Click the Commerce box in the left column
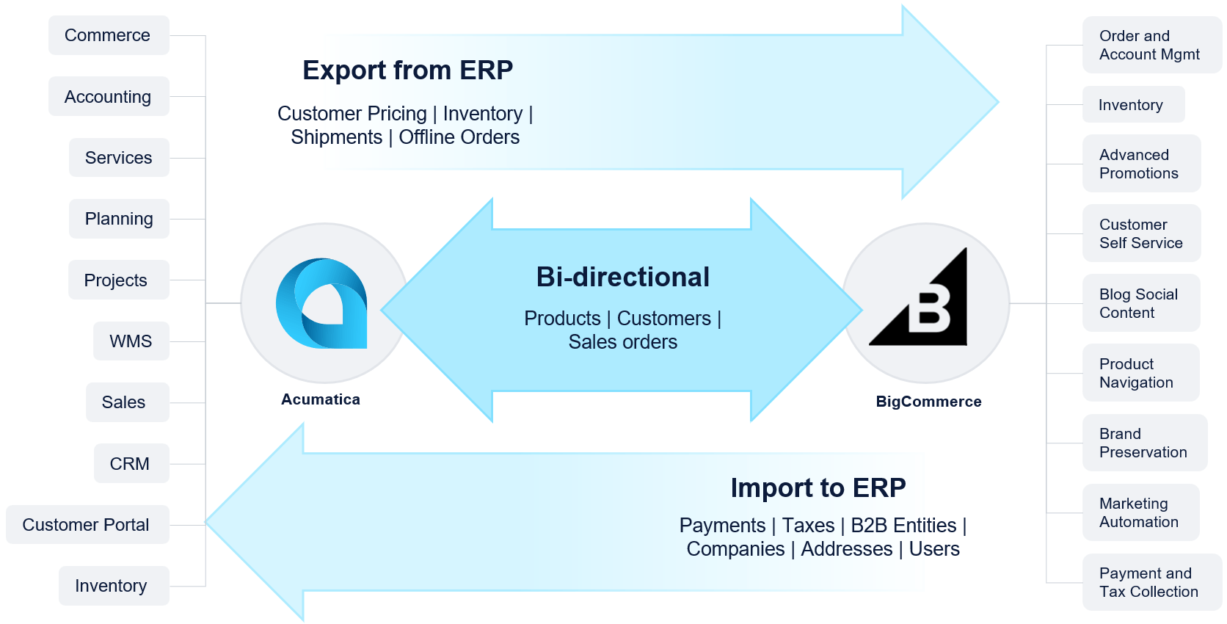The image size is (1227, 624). coord(109,35)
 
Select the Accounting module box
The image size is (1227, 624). coord(109,96)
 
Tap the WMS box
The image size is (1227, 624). coord(131,341)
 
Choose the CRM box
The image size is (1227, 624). coord(131,463)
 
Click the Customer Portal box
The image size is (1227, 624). coord(87,524)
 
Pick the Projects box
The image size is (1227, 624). coord(118,280)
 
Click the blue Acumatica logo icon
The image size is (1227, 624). coord(321,303)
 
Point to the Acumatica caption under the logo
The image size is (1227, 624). coord(321,399)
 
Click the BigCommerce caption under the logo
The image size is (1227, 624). coord(928,402)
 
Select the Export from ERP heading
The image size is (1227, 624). coord(407,70)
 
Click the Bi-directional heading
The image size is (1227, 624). coord(623,277)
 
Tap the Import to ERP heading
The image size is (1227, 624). coord(818,487)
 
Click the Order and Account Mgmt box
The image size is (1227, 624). coord(1152,45)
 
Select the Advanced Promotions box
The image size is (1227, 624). coord(1142,163)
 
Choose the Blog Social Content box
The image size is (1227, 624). coord(1141,303)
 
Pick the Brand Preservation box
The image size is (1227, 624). coord(1145,443)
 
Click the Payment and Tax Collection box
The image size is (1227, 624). coord(1152,582)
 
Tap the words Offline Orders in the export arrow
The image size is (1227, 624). coord(459,137)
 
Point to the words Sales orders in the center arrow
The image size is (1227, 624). coord(623,342)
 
